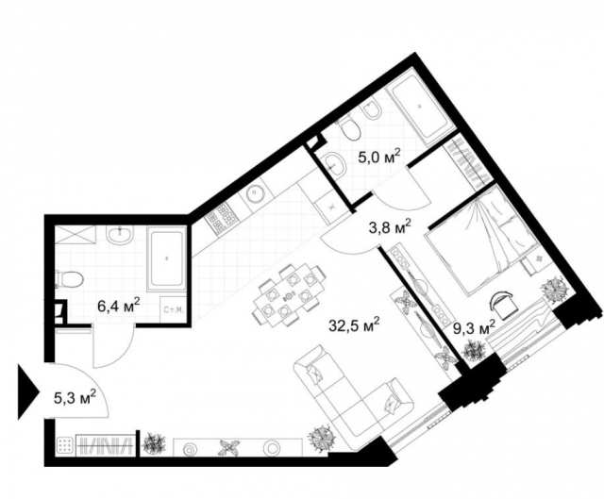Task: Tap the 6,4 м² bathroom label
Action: [119, 305]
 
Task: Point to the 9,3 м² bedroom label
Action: [475, 328]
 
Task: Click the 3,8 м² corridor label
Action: [388, 225]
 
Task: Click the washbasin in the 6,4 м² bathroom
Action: [119, 236]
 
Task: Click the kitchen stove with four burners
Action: [222, 219]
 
